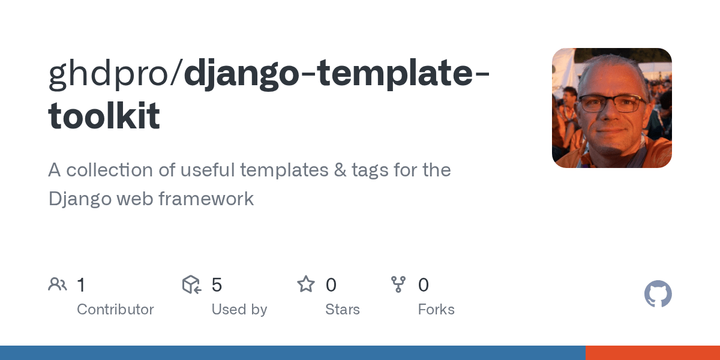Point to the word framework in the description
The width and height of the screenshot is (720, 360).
[206, 199]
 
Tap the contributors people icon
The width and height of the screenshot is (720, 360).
[58, 284]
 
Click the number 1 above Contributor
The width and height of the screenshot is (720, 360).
[81, 285]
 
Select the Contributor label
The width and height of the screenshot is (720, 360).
[115, 310]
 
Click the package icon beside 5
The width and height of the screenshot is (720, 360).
[191, 284]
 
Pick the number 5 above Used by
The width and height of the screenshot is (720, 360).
[217, 285]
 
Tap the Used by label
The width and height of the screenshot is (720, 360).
[239, 310]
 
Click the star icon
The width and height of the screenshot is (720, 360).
[306, 284]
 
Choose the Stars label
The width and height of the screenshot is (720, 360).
[342, 310]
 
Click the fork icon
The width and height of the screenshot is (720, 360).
[398, 284]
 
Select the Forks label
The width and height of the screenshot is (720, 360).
[436, 310]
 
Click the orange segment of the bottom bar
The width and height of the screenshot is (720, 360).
[652, 353]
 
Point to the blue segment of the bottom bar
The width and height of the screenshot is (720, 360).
[292, 353]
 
